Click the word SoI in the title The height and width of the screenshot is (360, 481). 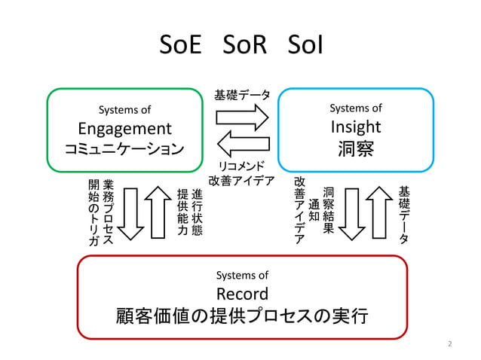[x=305, y=47]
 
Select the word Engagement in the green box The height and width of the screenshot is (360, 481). [x=125, y=127]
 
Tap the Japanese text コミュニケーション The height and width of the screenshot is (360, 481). [x=125, y=147]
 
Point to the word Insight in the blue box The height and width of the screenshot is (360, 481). [x=356, y=126]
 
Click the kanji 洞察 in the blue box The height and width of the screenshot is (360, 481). [x=356, y=148]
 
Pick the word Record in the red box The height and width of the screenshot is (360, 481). [x=242, y=294]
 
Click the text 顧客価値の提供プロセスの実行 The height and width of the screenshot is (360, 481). [x=242, y=315]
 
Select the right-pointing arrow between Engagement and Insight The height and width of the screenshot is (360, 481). [x=242, y=117]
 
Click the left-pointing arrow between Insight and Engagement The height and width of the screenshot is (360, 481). [x=242, y=142]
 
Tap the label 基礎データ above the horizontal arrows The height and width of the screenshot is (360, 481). [x=242, y=96]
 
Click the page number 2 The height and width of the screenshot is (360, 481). [x=450, y=344]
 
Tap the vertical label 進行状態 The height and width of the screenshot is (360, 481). [x=196, y=209]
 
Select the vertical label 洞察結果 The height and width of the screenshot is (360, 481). [x=328, y=210]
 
